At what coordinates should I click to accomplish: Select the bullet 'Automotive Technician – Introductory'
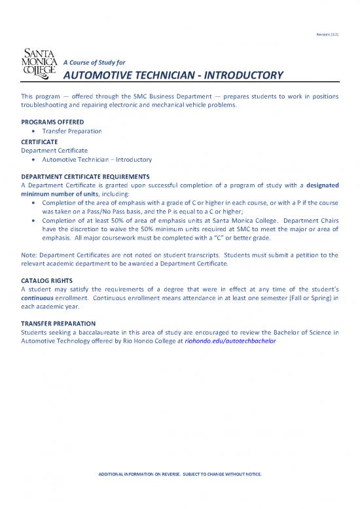tap(97, 159)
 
